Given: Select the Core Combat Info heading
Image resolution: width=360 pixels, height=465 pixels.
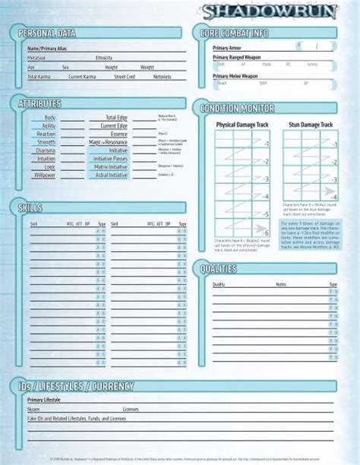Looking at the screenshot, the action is coord(235,34).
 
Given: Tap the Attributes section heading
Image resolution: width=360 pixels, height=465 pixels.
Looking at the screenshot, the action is coord(40,103).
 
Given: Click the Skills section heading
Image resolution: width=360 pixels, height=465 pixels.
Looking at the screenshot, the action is coord(30,207).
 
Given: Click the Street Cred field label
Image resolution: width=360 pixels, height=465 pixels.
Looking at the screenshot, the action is coord(125,77).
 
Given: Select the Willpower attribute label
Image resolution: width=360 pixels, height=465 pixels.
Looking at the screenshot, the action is coord(44,175).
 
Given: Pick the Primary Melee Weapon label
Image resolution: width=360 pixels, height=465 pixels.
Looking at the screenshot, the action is coord(235,76).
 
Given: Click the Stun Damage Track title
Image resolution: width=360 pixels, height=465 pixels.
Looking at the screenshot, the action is coord(311,124).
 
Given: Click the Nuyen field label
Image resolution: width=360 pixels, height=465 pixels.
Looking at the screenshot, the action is coord(34,409).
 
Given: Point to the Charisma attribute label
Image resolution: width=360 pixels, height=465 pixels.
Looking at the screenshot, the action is coord(44,150).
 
